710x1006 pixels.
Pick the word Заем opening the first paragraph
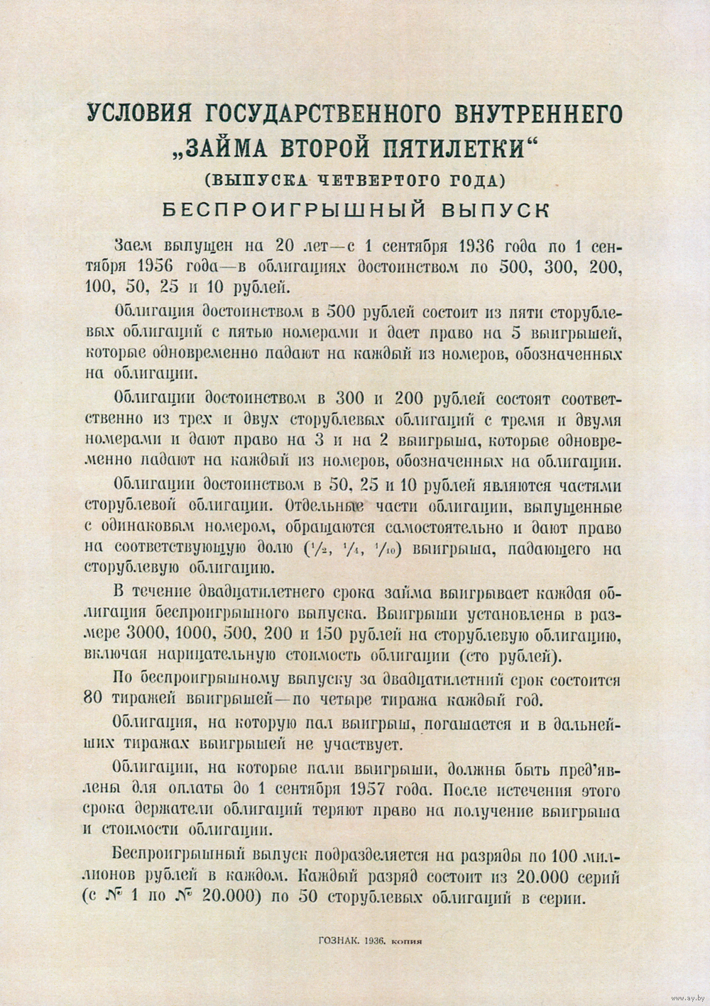click(133, 245)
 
